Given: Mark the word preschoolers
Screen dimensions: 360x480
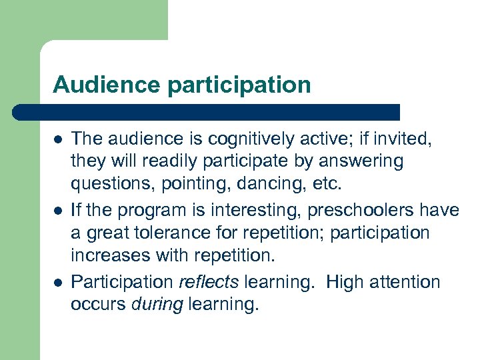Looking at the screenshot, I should pyautogui.click(x=367, y=211).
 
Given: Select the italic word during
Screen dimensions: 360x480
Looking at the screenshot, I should pyautogui.click(x=157, y=305).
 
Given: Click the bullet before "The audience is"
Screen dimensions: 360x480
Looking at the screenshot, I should pyautogui.click(x=59, y=139).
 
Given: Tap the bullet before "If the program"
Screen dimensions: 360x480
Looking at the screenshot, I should pyautogui.click(x=59, y=211).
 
